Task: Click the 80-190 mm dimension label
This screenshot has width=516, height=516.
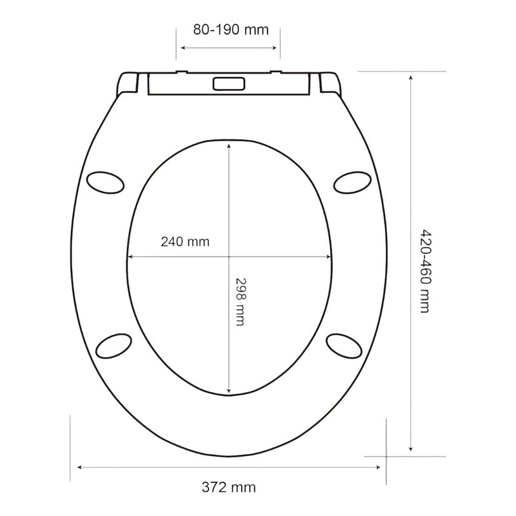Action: pos(230,29)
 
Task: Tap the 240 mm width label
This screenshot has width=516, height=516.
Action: pos(185,242)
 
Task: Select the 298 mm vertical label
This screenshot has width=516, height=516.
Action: pos(239,301)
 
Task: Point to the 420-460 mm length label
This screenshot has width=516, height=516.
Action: pos(424,271)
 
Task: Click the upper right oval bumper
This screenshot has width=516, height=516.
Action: pos(352,181)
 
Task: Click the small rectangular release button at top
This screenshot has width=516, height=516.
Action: pos(228,84)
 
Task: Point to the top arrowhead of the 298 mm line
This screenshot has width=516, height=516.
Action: pos(229,146)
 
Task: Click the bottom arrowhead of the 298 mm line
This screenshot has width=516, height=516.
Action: pos(229,392)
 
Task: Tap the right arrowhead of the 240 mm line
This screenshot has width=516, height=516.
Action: pos(332,257)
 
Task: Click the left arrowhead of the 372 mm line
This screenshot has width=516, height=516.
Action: pos(79,466)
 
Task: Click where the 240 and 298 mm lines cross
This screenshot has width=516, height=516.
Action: pos(229,257)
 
